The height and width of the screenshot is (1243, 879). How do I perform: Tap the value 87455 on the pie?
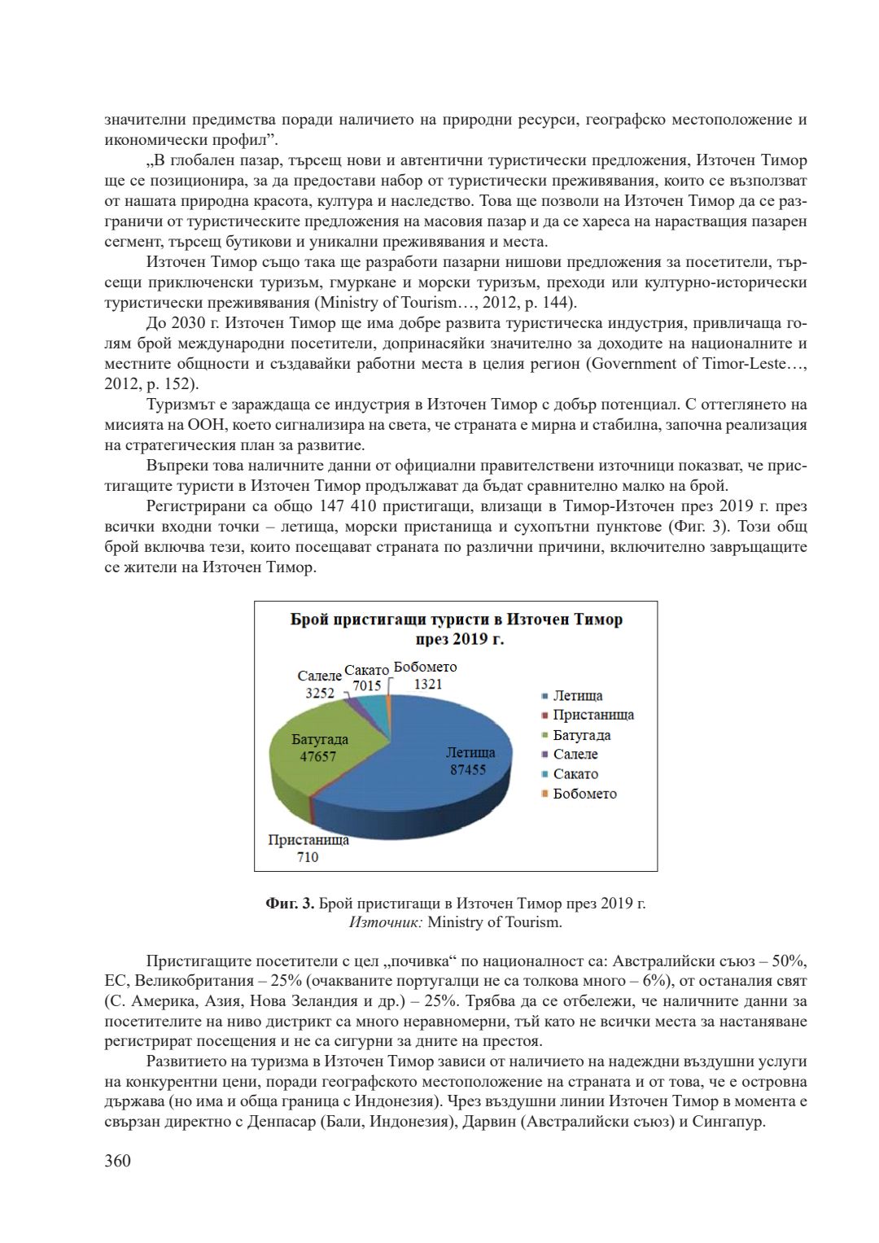pyautogui.click(x=468, y=769)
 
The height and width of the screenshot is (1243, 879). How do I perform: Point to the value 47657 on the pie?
pyautogui.click(x=317, y=756)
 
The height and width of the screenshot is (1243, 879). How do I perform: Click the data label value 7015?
pyautogui.click(x=367, y=686)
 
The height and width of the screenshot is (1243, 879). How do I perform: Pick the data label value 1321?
pyautogui.click(x=427, y=684)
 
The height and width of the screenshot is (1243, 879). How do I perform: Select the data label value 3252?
pyautogui.click(x=319, y=693)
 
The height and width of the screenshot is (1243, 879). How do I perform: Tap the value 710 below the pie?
pyautogui.click(x=308, y=856)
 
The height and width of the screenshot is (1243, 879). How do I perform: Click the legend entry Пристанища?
pyautogui.click(x=593, y=715)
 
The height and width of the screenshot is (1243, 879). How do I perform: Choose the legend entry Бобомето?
pyautogui.click(x=584, y=793)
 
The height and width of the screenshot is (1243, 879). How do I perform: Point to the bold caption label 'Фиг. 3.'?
pyautogui.click(x=290, y=904)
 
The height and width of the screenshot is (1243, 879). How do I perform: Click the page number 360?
pyautogui.click(x=117, y=1160)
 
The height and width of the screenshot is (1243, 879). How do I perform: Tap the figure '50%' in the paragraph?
pyautogui.click(x=790, y=961)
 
